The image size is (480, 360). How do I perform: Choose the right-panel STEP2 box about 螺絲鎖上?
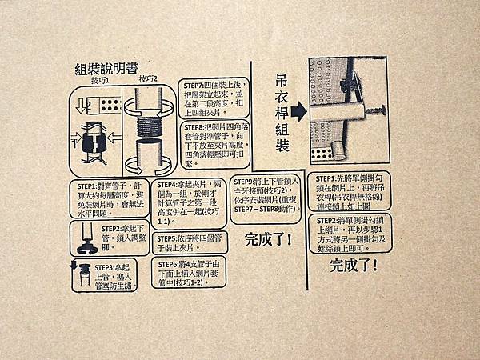357,231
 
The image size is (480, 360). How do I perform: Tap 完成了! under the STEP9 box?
267,238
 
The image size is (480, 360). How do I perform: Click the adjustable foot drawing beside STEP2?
85,234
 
